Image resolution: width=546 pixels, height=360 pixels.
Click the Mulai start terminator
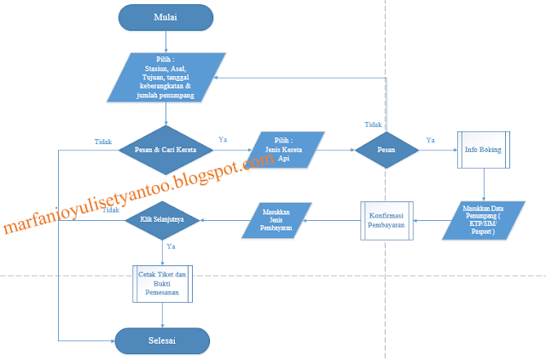166,16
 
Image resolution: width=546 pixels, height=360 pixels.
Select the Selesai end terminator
162,340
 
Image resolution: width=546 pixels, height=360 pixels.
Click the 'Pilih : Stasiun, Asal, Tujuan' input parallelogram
167,78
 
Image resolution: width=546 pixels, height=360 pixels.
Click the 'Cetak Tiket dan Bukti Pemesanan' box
162,282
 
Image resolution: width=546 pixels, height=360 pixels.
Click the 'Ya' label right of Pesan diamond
430,141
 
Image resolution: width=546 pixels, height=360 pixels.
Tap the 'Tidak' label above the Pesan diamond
373,125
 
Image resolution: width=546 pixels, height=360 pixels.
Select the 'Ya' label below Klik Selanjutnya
171,246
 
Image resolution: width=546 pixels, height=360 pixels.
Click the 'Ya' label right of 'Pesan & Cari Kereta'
223,139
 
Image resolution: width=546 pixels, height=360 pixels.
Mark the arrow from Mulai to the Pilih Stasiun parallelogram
166,41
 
